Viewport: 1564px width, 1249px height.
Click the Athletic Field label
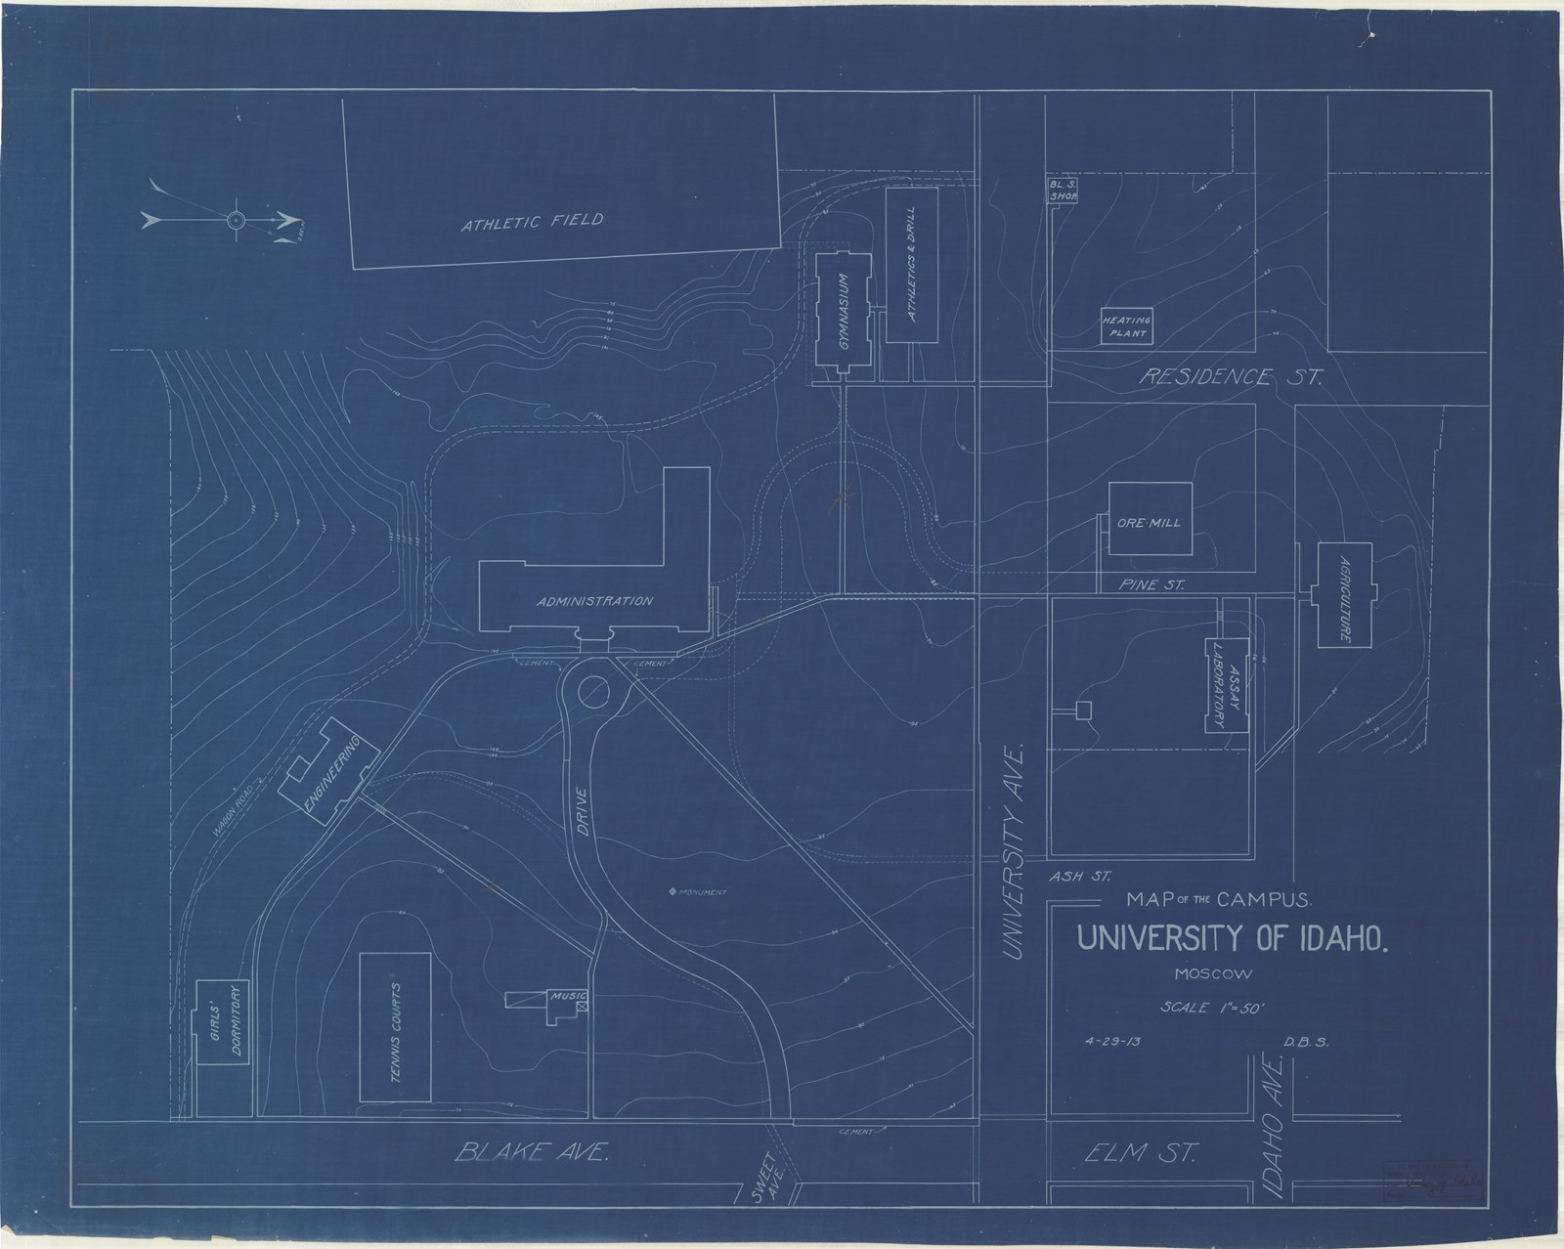tap(533, 222)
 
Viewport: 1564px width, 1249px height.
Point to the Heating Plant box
tap(1127, 326)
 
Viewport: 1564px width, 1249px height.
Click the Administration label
tap(594, 601)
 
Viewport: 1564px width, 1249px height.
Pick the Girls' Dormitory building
tap(223, 1048)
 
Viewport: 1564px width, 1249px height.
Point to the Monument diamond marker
tap(672, 891)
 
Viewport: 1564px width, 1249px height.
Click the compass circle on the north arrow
tap(236, 221)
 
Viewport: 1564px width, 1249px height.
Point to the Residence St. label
tap(1232, 377)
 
